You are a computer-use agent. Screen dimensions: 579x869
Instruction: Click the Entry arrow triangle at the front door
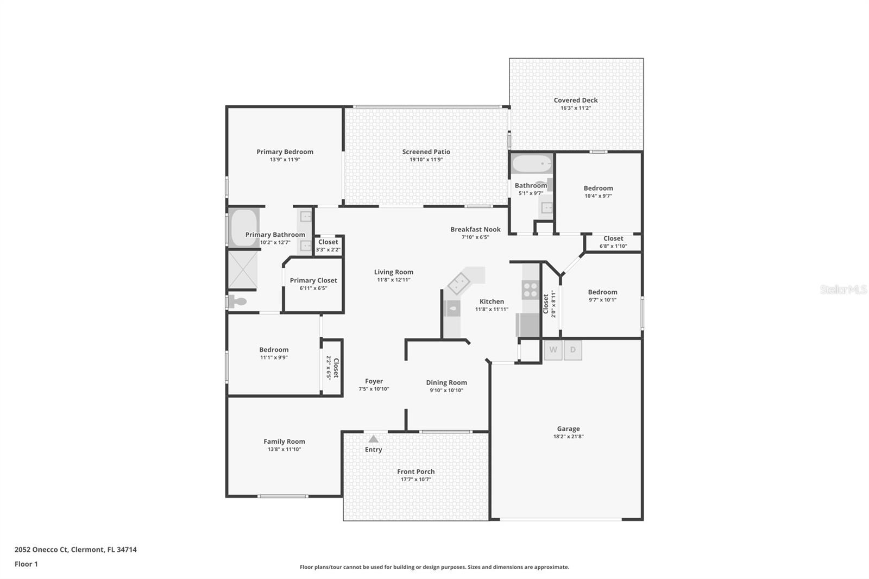tap(373, 439)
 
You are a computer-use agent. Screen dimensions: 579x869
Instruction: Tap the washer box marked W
tap(553, 350)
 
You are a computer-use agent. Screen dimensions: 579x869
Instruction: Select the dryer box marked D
tap(572, 350)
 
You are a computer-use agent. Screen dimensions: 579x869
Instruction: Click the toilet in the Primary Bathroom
tap(237, 301)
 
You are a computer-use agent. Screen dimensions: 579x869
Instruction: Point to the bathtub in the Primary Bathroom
tap(243, 228)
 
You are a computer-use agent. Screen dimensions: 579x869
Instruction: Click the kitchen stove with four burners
tap(530, 289)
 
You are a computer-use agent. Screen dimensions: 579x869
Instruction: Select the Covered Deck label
tap(576, 100)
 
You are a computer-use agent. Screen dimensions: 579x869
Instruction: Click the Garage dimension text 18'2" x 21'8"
tap(568, 436)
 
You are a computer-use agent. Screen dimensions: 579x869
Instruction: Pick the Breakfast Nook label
tap(475, 229)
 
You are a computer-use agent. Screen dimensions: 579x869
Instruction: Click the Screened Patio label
tap(426, 152)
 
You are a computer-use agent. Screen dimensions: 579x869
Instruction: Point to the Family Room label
tap(284, 442)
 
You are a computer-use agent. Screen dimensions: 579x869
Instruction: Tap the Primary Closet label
tap(313, 280)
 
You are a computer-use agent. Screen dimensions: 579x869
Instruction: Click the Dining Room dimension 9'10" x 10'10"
tap(446, 390)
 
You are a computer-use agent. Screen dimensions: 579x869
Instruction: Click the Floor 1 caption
tap(26, 564)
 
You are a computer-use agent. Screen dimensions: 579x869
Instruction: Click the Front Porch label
tap(415, 471)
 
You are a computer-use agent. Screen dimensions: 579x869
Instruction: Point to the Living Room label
tap(393, 272)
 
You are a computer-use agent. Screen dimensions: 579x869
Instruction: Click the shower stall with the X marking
tap(242, 269)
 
